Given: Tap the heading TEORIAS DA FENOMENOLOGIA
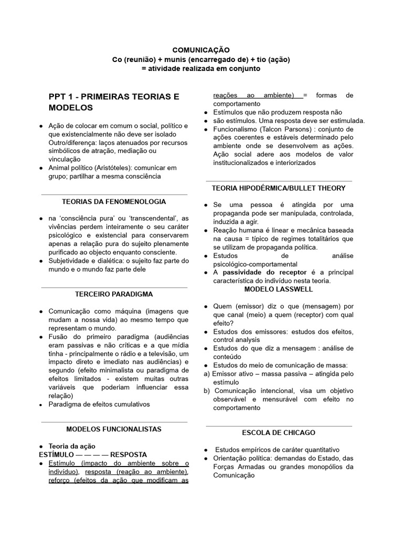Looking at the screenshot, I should [114, 201].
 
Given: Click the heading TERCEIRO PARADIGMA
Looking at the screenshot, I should [114, 295].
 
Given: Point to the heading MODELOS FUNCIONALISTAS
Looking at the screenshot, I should [114, 429].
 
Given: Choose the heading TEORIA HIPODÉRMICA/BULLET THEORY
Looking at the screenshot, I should [279, 188].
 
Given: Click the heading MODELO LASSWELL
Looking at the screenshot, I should [279, 289].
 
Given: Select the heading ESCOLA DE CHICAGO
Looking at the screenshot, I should [279, 432].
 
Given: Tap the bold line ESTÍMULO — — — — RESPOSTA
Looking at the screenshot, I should [93, 454].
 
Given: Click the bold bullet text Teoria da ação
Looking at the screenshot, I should [72, 446].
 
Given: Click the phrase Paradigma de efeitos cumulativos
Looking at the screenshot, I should [99, 404].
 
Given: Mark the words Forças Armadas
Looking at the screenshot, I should [237, 467].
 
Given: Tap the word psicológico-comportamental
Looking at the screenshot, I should [255, 264].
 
